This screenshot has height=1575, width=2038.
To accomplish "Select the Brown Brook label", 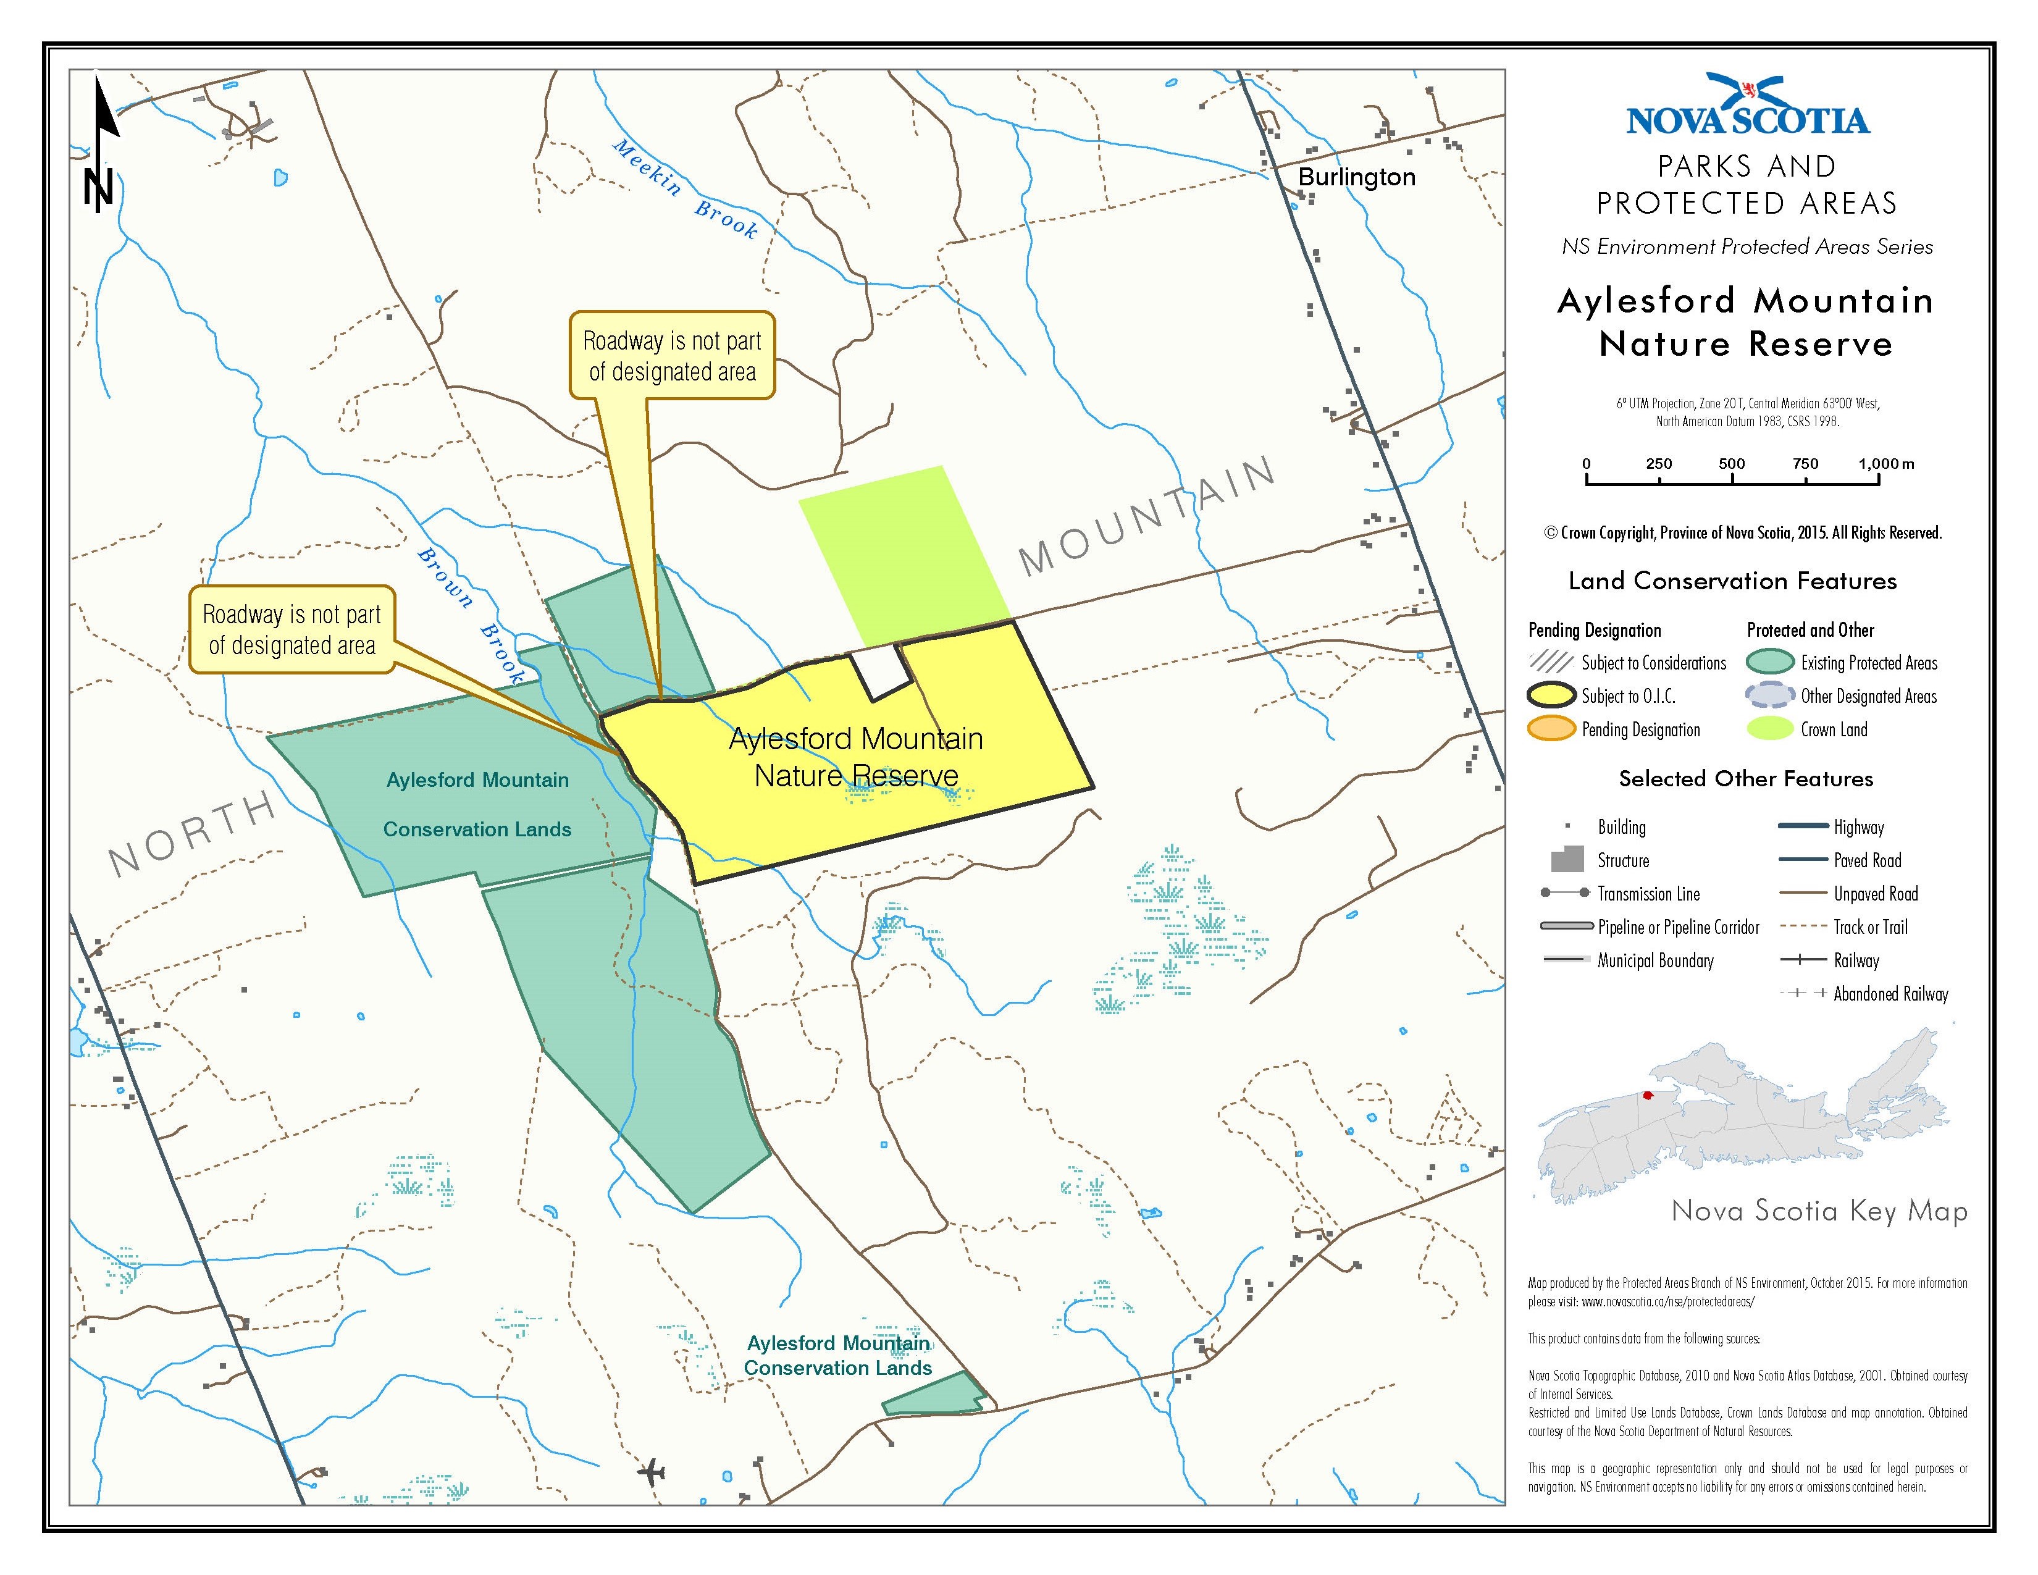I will (x=471, y=616).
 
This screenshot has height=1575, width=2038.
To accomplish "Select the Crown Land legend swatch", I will (x=1770, y=729).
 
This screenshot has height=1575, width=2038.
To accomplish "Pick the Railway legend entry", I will (x=1803, y=960).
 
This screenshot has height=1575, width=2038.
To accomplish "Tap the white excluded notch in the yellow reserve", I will (x=881, y=671).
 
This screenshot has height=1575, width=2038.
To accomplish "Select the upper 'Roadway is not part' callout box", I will (x=672, y=356).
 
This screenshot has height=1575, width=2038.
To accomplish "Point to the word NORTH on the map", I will (x=191, y=833).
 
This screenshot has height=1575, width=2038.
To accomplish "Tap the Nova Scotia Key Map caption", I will (x=1819, y=1211).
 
